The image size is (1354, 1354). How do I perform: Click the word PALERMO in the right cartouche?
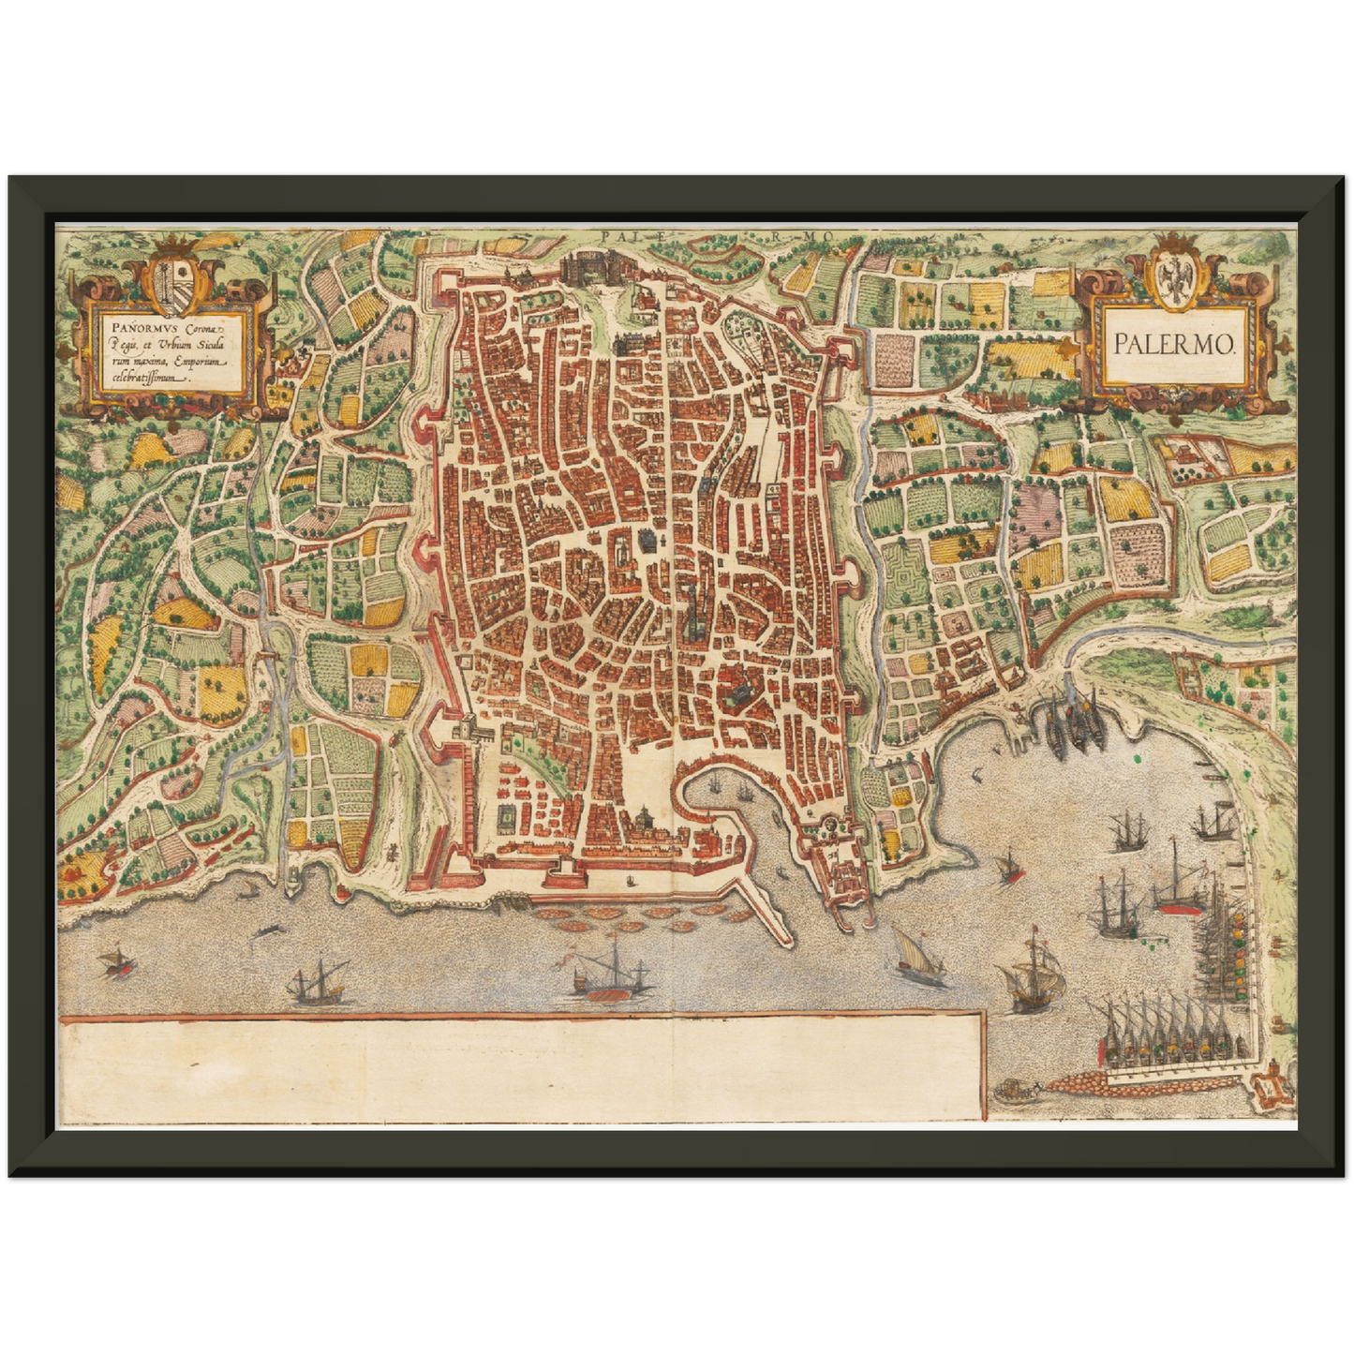point(1174,344)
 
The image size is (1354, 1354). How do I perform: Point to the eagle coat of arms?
point(1172,275)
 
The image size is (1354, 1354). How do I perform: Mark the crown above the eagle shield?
point(1172,241)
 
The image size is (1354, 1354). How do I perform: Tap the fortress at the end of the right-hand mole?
point(1272,1086)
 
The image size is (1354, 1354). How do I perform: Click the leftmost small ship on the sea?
point(114,961)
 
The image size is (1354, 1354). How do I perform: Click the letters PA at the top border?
point(614,237)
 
